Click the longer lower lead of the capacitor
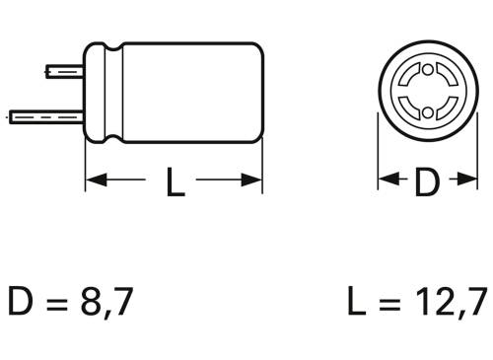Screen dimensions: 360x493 [45, 113]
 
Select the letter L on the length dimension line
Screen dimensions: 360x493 [175, 182]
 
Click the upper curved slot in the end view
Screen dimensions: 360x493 [426, 73]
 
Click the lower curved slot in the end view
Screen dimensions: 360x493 [426, 109]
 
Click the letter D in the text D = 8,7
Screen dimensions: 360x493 [21, 302]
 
